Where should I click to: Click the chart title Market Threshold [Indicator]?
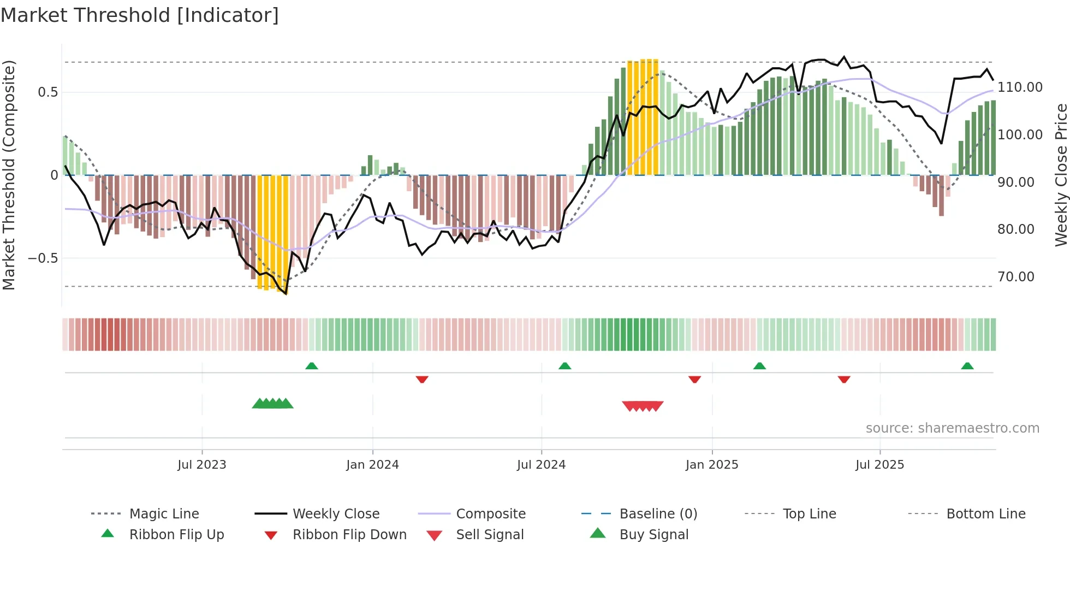click(x=140, y=15)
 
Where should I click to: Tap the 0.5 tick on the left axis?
click(x=47, y=92)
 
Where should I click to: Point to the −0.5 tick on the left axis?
click(x=43, y=258)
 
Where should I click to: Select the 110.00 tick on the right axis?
click(x=1020, y=87)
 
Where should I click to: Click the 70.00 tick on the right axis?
click(x=1015, y=277)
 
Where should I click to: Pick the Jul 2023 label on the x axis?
click(x=201, y=465)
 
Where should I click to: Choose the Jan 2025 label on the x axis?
click(x=711, y=465)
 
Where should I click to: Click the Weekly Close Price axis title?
click(x=1061, y=175)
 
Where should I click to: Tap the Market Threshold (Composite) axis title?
click(x=9, y=175)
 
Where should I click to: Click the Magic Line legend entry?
click(x=164, y=514)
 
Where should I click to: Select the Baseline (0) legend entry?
click(x=658, y=514)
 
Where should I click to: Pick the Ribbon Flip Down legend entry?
click(x=349, y=535)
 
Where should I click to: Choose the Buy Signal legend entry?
click(x=653, y=535)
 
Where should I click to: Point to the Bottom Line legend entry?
click(x=985, y=514)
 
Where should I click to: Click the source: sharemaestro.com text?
click(x=952, y=428)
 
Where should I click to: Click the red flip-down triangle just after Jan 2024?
click(x=421, y=379)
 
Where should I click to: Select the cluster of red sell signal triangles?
click(x=643, y=406)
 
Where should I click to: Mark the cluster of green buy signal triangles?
click(x=272, y=404)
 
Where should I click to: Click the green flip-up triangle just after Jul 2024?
click(x=564, y=366)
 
